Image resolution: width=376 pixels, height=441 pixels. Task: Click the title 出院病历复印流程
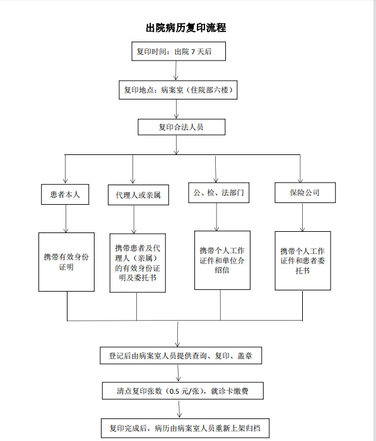186,28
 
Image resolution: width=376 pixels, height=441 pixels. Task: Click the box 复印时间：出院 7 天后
179,51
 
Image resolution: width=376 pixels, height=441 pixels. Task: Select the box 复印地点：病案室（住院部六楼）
178,90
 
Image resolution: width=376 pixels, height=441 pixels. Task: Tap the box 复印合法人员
182,127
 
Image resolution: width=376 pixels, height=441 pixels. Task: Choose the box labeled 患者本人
65,194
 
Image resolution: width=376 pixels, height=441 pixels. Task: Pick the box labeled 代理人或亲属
138,195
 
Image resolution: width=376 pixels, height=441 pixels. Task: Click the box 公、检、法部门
218,193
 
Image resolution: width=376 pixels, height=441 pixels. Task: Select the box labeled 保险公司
305,193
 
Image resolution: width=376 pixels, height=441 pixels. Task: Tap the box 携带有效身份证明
66,262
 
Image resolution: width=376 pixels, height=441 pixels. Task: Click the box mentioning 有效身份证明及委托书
138,263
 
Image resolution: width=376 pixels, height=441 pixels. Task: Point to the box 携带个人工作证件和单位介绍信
222,260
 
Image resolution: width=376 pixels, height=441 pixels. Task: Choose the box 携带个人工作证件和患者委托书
303,261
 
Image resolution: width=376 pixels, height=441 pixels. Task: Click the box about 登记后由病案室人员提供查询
181,355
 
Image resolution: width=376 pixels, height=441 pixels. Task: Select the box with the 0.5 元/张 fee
183,391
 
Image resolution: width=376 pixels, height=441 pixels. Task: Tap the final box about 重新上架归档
185,428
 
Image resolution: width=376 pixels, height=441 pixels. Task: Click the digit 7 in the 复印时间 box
193,52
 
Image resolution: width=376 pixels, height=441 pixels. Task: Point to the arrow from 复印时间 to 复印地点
176,71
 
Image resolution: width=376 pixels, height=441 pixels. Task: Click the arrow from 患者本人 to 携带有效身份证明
66,219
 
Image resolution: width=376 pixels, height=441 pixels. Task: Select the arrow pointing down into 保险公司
300,169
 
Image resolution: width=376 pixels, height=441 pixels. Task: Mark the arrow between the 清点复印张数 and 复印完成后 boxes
179,409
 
